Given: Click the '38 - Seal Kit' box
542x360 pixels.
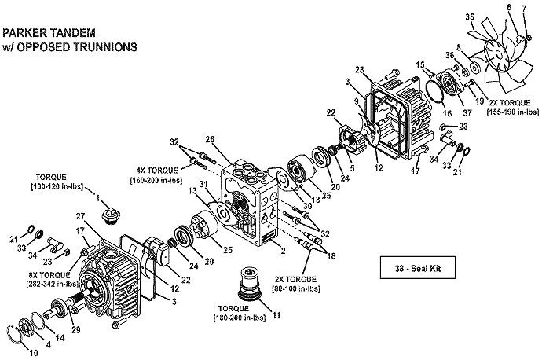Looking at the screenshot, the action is (x=418, y=267).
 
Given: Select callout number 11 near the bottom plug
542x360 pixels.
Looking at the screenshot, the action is (x=276, y=315).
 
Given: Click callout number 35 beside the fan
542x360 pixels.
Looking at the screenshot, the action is (x=470, y=17).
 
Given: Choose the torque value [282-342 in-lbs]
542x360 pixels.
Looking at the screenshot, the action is (x=52, y=284).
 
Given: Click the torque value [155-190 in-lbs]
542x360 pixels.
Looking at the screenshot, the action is (x=513, y=112).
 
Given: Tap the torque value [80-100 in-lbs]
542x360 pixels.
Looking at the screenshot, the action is (x=297, y=288).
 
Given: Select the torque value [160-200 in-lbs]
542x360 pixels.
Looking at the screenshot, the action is (x=156, y=180).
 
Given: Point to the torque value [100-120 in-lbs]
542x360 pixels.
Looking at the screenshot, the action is (x=57, y=186).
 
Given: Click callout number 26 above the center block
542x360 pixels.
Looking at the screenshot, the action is (x=210, y=140).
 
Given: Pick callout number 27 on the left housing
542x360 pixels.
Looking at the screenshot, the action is (x=80, y=217).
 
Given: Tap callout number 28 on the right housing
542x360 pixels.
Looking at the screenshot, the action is (x=360, y=70).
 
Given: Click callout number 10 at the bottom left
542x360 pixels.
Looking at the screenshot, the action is (x=34, y=353).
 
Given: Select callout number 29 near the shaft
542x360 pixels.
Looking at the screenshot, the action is (x=75, y=330).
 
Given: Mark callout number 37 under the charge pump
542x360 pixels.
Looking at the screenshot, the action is (x=467, y=113).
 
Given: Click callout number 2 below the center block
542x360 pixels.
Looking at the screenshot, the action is (x=283, y=251).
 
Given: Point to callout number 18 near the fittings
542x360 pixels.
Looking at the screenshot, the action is (x=331, y=256).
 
